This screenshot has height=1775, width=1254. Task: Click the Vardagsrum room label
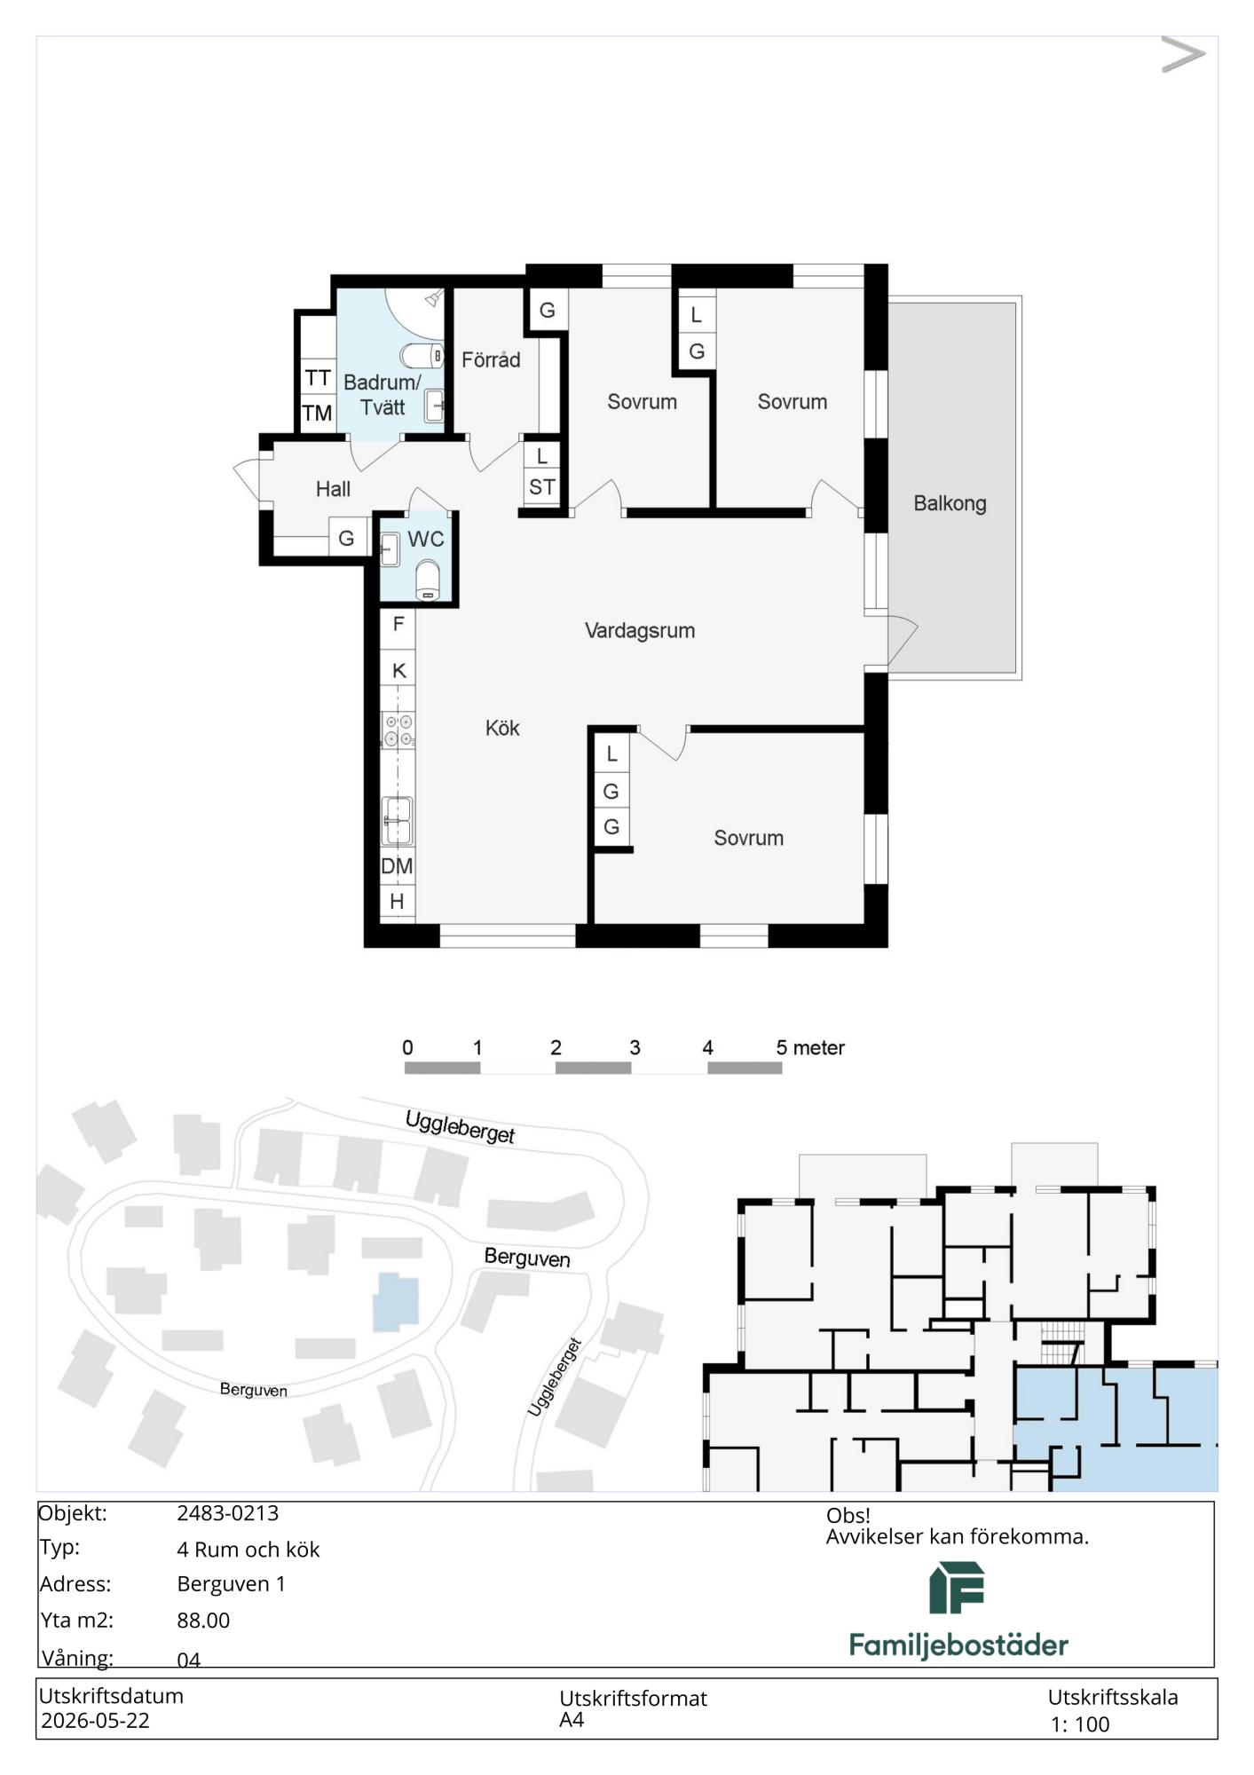pos(640,631)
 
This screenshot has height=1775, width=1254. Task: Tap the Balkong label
pos(950,504)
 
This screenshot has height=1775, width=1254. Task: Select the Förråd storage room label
pos(491,359)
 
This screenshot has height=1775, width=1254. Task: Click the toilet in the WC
pos(428,580)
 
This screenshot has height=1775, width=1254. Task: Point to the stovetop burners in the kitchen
pos(398,730)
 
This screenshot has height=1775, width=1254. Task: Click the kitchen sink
pos(397,821)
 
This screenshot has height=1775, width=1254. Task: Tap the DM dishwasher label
pos(397,866)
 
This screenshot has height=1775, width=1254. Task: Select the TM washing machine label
pos(317,414)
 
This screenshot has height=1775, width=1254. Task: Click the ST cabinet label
pos(542,487)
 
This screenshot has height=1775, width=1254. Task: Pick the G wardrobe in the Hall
pos(347,538)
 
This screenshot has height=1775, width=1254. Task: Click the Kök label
pos(502,729)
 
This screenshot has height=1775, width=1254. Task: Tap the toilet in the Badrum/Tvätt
pos(422,356)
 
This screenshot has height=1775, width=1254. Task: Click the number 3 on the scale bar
pos(635,1048)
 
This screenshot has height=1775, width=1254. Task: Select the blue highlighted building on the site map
pos(395,1302)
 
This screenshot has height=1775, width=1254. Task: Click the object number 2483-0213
pos(228,1514)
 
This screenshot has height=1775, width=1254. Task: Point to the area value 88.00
pos(203,1621)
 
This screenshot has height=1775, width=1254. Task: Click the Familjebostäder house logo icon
pos(957,1588)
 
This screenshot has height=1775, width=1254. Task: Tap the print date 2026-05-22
pos(95,1721)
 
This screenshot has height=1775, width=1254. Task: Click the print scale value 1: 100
pos(1080,1725)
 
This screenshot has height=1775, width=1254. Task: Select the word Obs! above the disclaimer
pos(848,1516)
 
